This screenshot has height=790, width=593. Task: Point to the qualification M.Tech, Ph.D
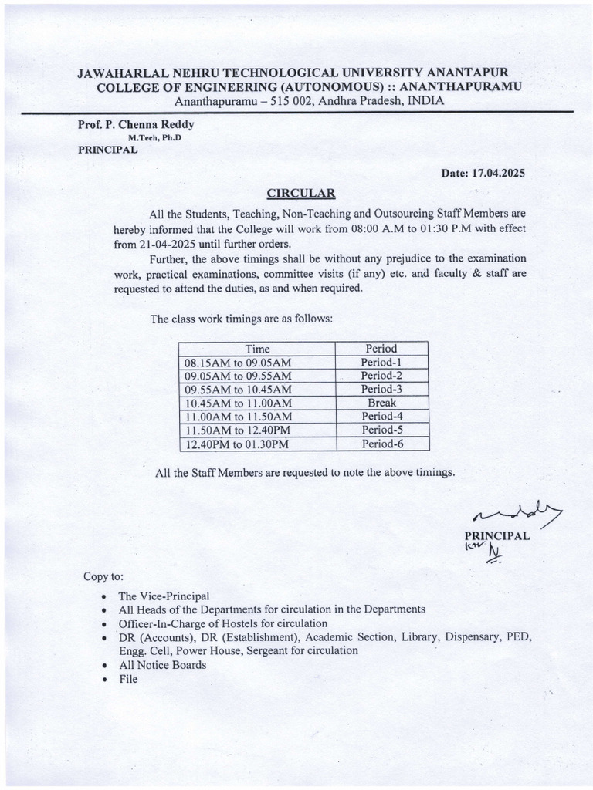[159, 137]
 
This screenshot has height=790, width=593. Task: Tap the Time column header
[256, 349]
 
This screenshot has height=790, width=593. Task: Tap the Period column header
[381, 349]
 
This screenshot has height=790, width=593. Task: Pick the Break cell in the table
[381, 403]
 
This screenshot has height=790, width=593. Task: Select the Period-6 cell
[381, 444]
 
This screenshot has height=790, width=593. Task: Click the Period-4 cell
[381, 417]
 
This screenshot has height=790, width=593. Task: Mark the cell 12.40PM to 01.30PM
[236, 444]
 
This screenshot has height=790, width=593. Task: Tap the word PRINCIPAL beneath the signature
[496, 536]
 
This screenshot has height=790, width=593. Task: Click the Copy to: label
[103, 577]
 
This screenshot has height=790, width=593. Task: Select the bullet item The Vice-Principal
[163, 596]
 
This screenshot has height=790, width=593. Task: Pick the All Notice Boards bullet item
[162, 665]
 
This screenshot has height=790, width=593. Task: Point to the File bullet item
[127, 679]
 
